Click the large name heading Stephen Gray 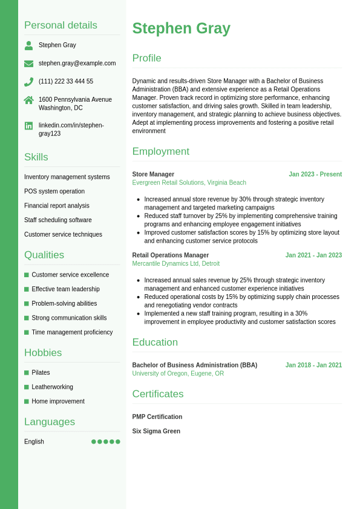point(181,28)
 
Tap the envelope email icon point(28,64)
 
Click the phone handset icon point(28,82)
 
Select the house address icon point(28,100)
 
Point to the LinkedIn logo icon point(28,126)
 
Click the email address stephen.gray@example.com point(77,64)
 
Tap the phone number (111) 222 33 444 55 point(66,82)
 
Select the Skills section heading point(36,157)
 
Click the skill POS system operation point(54,191)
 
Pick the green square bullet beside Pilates point(27,373)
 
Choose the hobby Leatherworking point(52,387)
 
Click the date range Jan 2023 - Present point(315,174)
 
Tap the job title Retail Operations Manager point(171,255)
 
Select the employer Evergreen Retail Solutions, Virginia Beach point(189,183)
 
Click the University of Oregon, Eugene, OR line point(178,374)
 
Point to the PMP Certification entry point(157,417)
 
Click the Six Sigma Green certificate point(156,432)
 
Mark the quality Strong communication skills point(69,318)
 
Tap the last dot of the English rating point(118,442)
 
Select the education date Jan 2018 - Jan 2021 point(313,366)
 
